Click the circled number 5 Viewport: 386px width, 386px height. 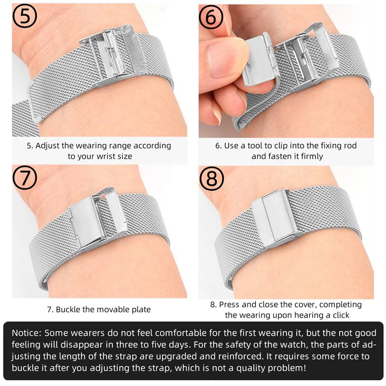(25, 15)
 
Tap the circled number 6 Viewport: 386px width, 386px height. (211, 17)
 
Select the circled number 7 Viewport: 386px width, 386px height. (25, 177)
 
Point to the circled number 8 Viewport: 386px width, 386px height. (211, 179)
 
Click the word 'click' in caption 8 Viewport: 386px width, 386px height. (341, 315)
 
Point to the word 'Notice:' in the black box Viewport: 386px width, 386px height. (27, 333)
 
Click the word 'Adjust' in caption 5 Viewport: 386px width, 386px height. (47, 146)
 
